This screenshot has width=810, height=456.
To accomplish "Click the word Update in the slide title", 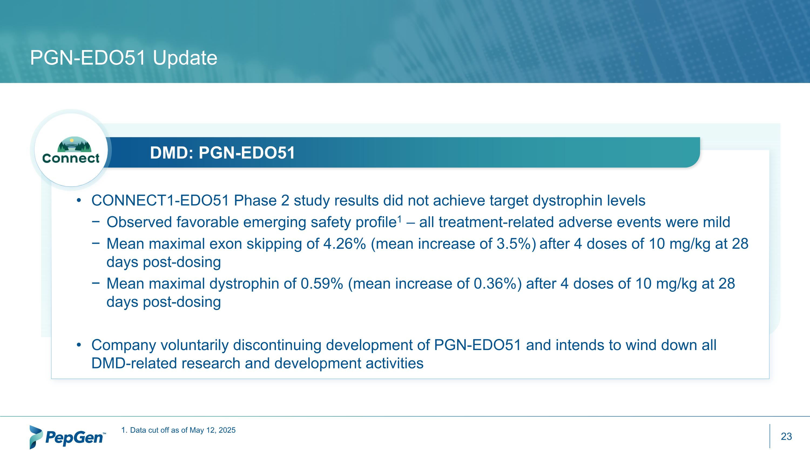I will click(185, 58).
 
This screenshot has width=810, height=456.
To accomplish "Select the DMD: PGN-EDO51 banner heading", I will click(222, 153).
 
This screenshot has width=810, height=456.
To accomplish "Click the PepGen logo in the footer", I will click(67, 437).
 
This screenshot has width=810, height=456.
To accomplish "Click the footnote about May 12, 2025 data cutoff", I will click(178, 430).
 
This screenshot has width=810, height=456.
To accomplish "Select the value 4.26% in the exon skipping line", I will click(344, 244).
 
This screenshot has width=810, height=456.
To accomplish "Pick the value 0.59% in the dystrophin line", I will click(322, 284).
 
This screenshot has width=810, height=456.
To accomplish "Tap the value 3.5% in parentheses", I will click(514, 244).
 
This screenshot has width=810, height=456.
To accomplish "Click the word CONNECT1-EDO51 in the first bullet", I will click(160, 201).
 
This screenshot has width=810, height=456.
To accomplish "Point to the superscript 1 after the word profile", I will click(399, 218).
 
